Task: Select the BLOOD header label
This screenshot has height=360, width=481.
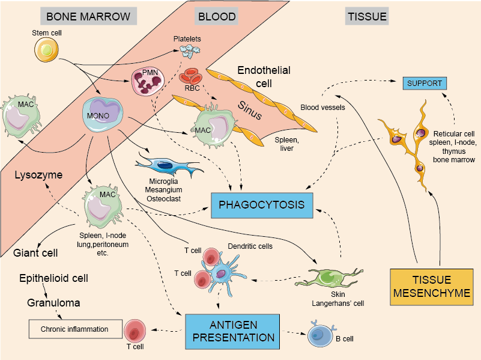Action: [216, 16]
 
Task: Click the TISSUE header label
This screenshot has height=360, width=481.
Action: [367, 16]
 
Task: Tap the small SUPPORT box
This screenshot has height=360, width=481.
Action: [425, 83]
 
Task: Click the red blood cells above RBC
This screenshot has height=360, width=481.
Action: [192, 77]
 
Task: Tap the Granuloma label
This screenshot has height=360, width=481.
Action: [53, 303]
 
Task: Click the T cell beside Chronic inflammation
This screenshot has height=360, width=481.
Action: [135, 330]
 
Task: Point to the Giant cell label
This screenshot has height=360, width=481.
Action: [35, 253]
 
